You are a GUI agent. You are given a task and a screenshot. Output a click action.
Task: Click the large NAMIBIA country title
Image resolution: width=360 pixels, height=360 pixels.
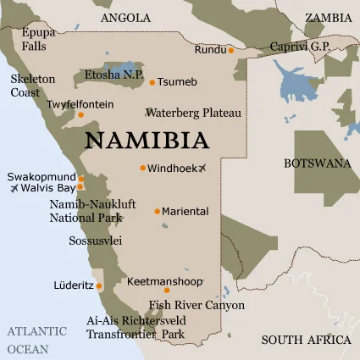[147, 138]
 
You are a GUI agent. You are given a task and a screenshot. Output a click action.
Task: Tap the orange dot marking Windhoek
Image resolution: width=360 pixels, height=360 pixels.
[143, 168]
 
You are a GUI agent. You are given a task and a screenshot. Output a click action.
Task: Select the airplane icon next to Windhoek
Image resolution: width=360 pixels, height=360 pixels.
[202, 168]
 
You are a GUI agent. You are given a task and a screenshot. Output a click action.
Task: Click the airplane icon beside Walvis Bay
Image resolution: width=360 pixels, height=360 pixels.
[14, 187]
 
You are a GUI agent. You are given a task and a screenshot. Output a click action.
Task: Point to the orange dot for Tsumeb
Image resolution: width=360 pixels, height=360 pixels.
[152, 82]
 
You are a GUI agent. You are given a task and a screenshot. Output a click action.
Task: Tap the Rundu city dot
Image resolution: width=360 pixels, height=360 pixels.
[230, 50]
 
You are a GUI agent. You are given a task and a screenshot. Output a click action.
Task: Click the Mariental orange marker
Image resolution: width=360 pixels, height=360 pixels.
[158, 211]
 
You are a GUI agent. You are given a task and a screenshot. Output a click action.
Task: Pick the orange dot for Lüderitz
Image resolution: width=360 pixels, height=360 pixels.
[100, 285]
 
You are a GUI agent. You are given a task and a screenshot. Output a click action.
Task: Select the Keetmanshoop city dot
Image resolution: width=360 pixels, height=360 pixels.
[166, 290]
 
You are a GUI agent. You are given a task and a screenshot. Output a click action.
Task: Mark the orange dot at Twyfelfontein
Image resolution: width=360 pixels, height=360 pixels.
[81, 114]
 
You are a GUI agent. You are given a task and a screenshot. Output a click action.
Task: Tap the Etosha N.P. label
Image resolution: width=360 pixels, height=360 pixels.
[113, 75]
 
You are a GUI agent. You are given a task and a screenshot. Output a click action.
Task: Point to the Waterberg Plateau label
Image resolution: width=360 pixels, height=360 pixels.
[193, 112]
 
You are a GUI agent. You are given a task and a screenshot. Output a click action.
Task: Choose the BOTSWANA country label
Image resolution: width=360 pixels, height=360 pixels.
[317, 163]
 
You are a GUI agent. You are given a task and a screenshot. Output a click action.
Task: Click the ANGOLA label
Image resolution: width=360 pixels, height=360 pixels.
[125, 17]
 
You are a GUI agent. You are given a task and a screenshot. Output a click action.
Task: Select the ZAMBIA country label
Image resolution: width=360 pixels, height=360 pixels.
[328, 17]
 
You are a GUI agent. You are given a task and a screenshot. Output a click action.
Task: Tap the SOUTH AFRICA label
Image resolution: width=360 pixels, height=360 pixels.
[306, 340]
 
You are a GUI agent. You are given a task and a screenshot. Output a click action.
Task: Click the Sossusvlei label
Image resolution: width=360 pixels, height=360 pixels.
[95, 241]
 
